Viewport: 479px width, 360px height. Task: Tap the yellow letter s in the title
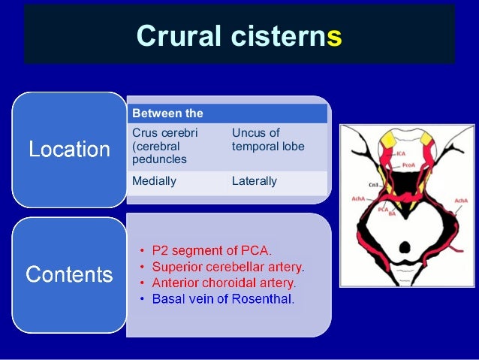pos(334,35)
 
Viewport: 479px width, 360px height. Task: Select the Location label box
pos(69,150)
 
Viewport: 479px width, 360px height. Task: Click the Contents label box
pos(69,275)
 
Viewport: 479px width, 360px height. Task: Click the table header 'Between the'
pos(167,113)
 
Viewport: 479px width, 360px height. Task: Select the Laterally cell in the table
pos(255,181)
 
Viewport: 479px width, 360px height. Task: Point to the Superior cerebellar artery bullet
pos(228,266)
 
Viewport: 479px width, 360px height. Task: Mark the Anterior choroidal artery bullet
pos(224,283)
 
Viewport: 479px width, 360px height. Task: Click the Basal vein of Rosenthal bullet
pos(223,299)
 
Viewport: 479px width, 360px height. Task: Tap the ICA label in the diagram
pos(401,153)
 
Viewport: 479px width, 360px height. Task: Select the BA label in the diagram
pos(392,214)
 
